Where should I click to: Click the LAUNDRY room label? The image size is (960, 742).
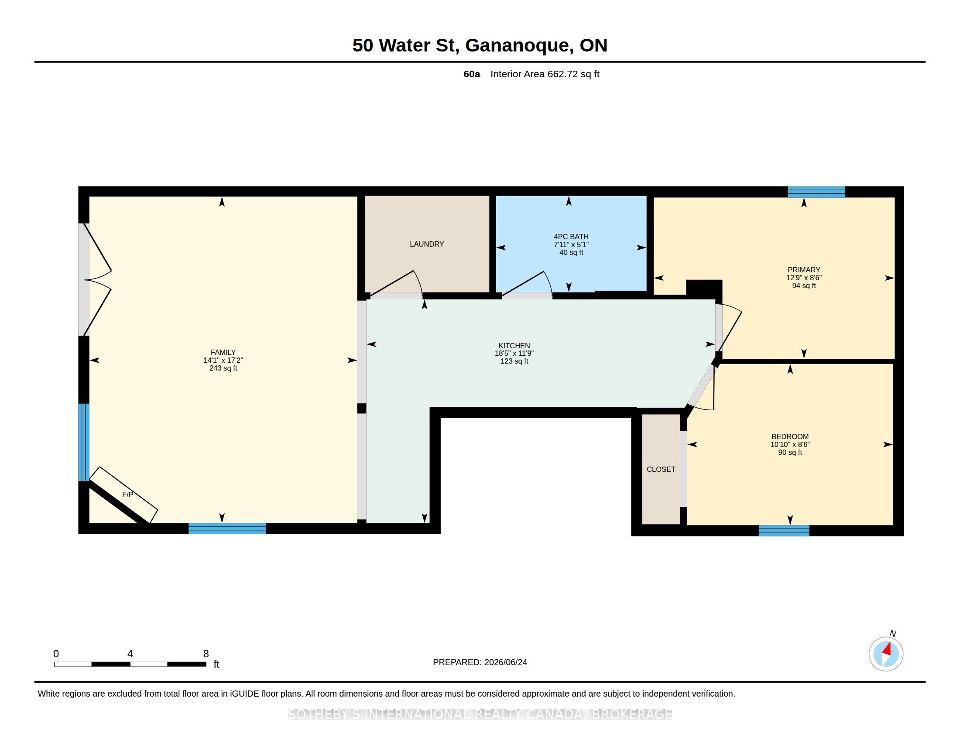tap(426, 244)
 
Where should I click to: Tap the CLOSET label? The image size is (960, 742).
tap(661, 470)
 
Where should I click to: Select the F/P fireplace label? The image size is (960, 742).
tap(127, 495)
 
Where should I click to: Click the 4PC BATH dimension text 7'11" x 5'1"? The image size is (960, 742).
tap(571, 244)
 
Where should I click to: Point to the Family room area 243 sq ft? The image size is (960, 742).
tap(223, 368)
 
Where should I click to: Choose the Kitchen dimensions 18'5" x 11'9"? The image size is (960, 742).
tap(514, 353)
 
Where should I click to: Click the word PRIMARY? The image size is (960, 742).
tap(803, 269)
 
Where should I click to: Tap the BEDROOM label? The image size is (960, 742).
tap(790, 436)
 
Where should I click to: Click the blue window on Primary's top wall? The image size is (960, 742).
tap(816, 192)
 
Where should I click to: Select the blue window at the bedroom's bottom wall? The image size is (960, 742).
tap(784, 531)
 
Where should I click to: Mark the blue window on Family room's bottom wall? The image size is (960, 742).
tap(227, 529)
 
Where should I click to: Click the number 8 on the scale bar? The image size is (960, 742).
tap(206, 654)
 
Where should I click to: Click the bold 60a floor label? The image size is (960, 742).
tap(472, 74)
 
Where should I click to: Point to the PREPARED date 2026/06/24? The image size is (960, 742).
tap(505, 662)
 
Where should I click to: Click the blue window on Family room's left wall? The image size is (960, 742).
tap(83, 442)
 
